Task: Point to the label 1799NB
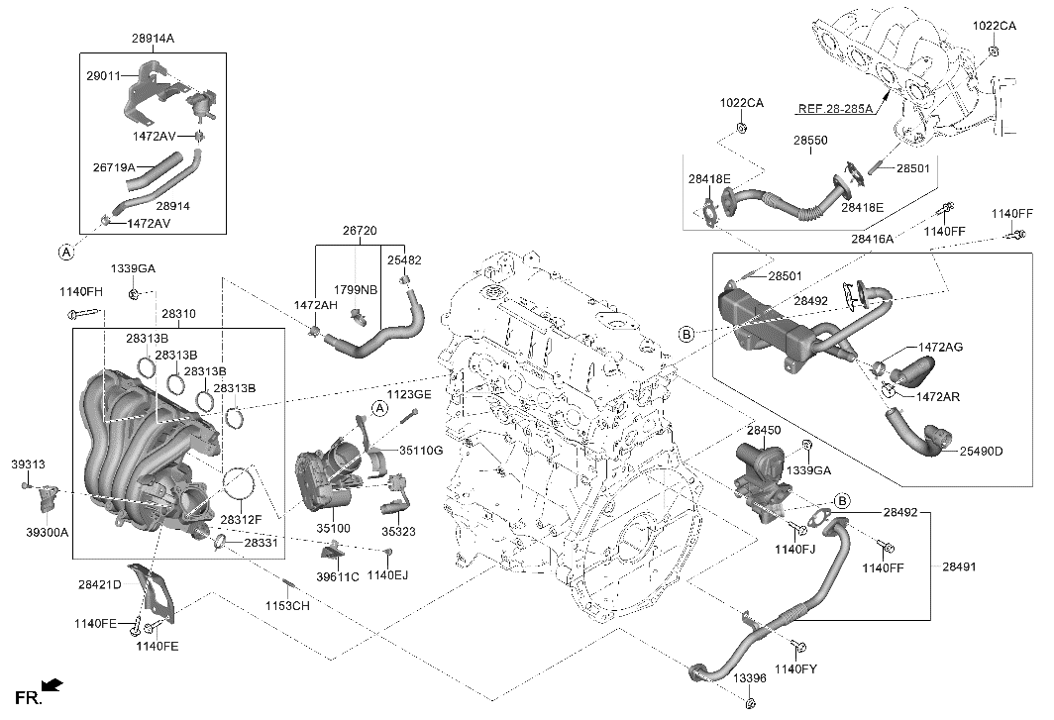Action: (355, 291)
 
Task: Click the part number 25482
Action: (403, 260)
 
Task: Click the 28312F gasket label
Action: (243, 519)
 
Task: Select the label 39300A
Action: (47, 532)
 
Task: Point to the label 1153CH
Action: (287, 605)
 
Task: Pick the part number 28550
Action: (809, 142)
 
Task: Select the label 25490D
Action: (981, 452)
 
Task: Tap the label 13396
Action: (749, 678)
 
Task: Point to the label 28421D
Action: (100, 585)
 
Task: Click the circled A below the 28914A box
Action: (66, 253)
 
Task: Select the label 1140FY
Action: (797, 670)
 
